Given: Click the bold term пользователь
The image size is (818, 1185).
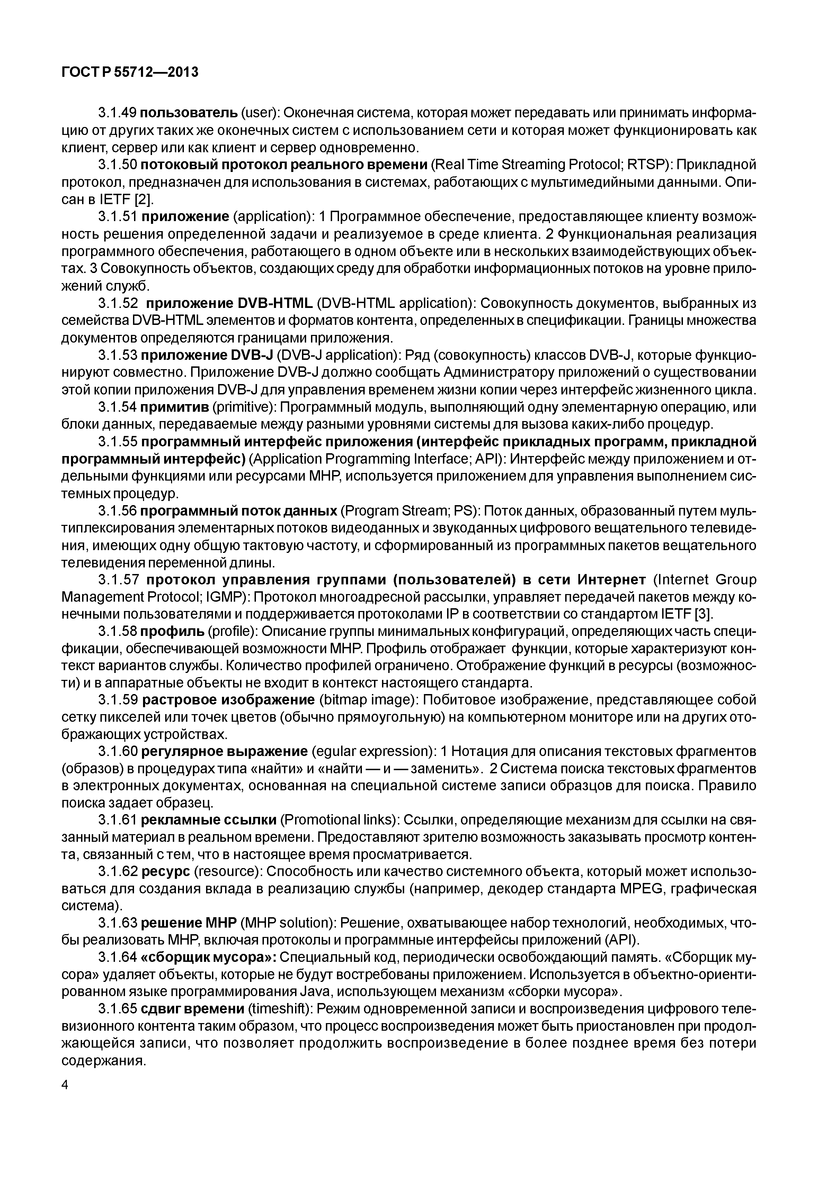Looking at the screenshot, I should pos(189,113).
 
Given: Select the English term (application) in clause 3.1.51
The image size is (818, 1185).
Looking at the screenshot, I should pos(273,217).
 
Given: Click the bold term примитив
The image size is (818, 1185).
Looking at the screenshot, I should pos(175,408).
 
